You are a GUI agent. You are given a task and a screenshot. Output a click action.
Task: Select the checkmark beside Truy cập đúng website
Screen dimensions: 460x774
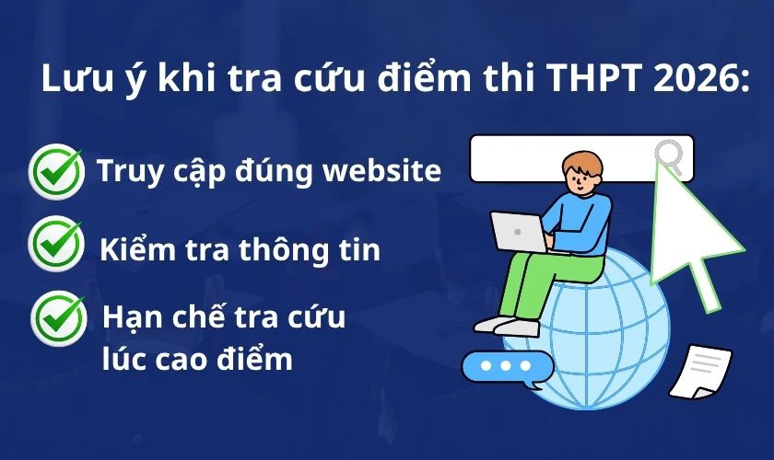click(x=56, y=171)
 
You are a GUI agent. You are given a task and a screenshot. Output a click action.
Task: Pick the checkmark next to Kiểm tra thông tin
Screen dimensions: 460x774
click(x=56, y=243)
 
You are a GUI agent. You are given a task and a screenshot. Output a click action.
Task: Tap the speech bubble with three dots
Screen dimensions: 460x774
click(x=507, y=366)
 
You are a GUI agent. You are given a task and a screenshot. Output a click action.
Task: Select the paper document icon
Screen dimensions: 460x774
click(x=701, y=372)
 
